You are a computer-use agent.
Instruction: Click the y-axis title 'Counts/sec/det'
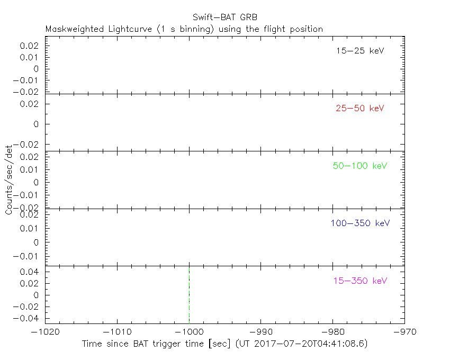[x=9, y=179]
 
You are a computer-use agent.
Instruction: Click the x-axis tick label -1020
[x=45, y=331]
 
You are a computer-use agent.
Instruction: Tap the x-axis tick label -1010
[x=117, y=331]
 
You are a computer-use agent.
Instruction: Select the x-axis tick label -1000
[x=189, y=331]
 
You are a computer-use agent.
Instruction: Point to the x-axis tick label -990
[x=261, y=331]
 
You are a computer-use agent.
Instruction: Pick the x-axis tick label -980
[x=332, y=331]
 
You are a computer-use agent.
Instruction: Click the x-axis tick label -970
[x=404, y=331]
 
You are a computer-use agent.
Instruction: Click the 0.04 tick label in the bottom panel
[x=31, y=272]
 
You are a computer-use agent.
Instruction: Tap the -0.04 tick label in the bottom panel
[x=29, y=318]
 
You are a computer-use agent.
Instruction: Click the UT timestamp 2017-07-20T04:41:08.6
[x=311, y=344]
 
